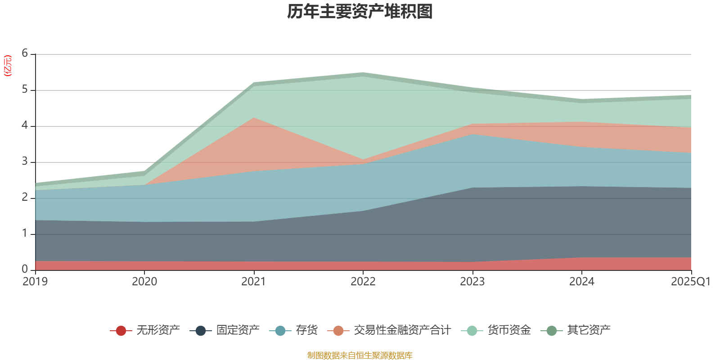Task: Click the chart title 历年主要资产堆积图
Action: pos(360,12)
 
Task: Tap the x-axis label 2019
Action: pos(35,282)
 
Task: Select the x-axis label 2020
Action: pos(144,282)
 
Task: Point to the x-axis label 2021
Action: pos(254,282)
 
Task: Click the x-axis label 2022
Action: pos(363,282)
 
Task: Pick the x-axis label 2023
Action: pos(472,282)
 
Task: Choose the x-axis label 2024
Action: pos(582,282)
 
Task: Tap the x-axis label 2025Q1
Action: pos(690,282)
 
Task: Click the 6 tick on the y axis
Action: pos(25,54)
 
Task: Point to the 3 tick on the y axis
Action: pos(25,162)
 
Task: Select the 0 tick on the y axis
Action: pos(25,269)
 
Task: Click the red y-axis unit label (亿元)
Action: pos(8,66)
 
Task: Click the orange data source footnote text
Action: pos(360,355)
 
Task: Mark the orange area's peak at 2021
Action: pos(254,118)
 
